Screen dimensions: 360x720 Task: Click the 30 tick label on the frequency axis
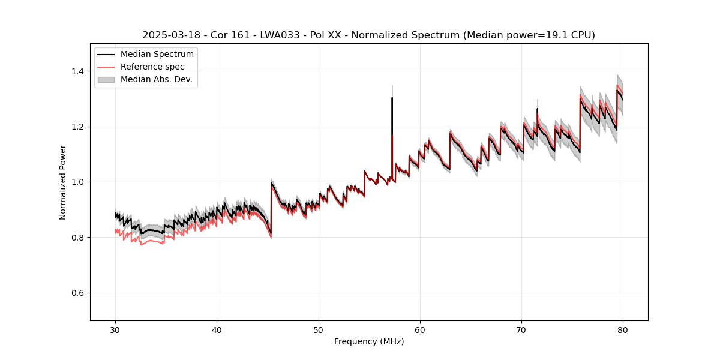coord(116,330)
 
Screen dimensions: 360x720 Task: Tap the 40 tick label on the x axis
coord(217,330)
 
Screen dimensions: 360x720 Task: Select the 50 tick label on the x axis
coord(319,330)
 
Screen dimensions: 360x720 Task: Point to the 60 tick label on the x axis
coord(420,330)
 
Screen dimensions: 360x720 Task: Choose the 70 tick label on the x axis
coord(521,330)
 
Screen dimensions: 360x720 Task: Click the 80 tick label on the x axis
coord(623,330)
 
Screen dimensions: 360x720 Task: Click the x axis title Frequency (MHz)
coord(369,342)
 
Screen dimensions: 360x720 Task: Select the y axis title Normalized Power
coord(63,182)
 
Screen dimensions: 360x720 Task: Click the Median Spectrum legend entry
coord(157,55)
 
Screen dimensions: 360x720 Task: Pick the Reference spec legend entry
coord(152,67)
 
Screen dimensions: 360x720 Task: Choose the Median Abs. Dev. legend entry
coord(156,79)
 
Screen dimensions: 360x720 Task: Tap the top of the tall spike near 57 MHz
coord(392,98)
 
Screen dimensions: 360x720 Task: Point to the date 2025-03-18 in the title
coord(170,35)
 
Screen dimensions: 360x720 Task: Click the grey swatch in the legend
coord(107,79)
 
